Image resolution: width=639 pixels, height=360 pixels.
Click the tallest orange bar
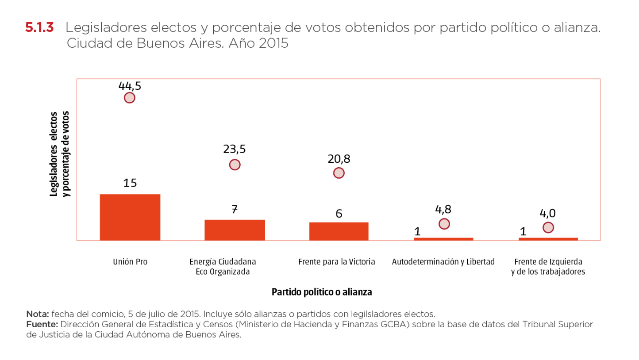pyautogui.click(x=130, y=217)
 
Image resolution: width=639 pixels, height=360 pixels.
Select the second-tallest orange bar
pyautogui.click(x=235, y=230)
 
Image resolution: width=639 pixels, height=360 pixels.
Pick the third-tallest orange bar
pyautogui.click(x=339, y=231)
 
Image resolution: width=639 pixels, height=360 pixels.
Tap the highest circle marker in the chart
pyautogui.click(x=129, y=98)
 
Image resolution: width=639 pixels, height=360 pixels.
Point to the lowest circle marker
pyautogui.click(x=548, y=227)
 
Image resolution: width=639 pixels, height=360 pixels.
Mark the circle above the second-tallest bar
pyautogui.click(x=235, y=165)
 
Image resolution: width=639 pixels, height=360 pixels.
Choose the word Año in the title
pyautogui.click(x=242, y=44)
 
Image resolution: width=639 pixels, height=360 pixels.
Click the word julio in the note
pyautogui.click(x=157, y=314)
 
